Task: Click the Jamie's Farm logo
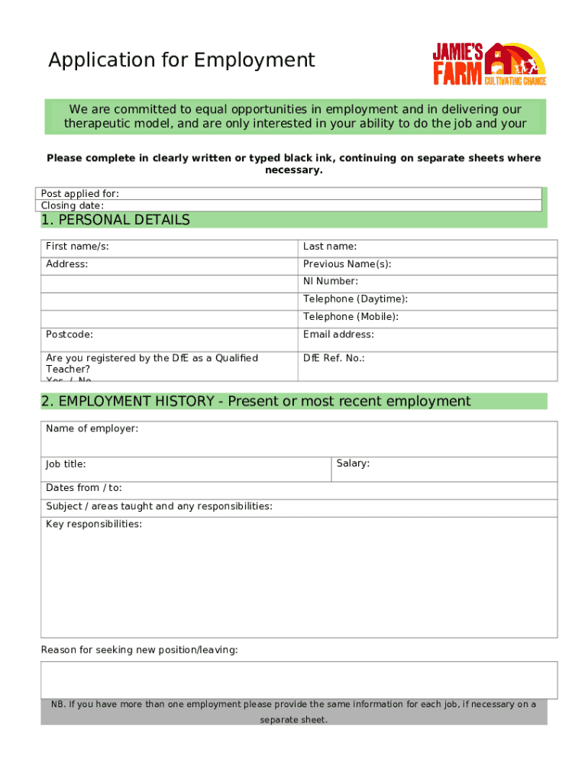pyautogui.click(x=489, y=63)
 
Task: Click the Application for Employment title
pyautogui.click(x=182, y=60)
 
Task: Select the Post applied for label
pyautogui.click(x=80, y=194)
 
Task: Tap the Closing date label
pyautogui.click(x=73, y=205)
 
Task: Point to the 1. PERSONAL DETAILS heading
pyautogui.click(x=115, y=220)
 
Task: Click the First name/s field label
pyautogui.click(x=77, y=247)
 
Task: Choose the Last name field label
pyautogui.click(x=330, y=247)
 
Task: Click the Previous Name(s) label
pyautogui.click(x=347, y=264)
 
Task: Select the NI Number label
pyautogui.click(x=331, y=282)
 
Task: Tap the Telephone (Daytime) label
pyautogui.click(x=355, y=299)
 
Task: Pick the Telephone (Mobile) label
pyautogui.click(x=351, y=317)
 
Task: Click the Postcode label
pyautogui.click(x=69, y=334)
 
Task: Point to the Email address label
pyautogui.click(x=338, y=334)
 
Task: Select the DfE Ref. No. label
pyautogui.click(x=334, y=358)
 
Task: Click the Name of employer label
pyautogui.click(x=92, y=429)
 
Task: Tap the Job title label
pyautogui.click(x=66, y=464)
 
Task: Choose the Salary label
pyautogui.click(x=353, y=464)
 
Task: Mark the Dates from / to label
pyautogui.click(x=84, y=488)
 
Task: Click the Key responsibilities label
pyautogui.click(x=94, y=525)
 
